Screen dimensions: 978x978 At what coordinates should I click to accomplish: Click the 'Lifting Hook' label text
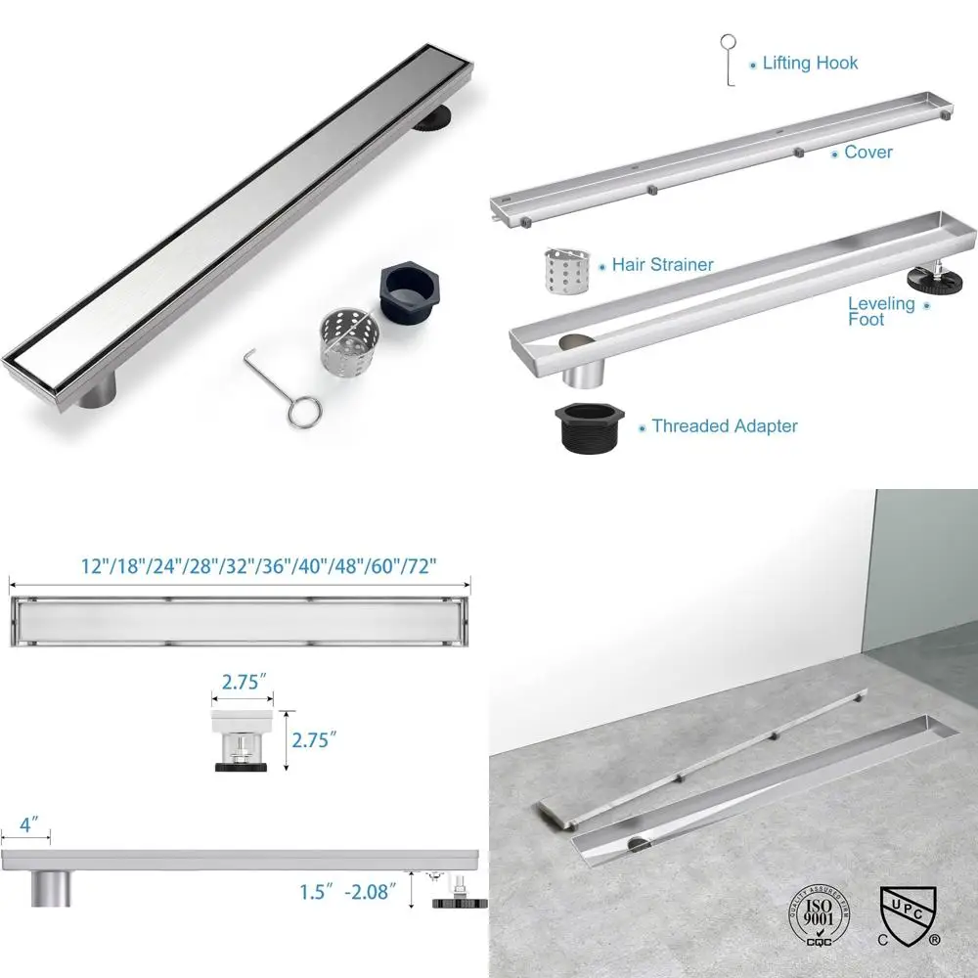(810, 63)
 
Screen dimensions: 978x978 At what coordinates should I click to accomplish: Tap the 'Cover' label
(868, 152)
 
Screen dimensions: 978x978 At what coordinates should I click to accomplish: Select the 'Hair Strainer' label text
(663, 264)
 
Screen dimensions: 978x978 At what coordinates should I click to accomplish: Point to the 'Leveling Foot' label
(881, 311)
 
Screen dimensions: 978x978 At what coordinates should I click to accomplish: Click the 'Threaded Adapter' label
(725, 425)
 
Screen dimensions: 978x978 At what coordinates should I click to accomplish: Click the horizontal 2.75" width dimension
(242, 683)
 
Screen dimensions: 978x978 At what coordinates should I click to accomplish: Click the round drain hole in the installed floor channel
(637, 841)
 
